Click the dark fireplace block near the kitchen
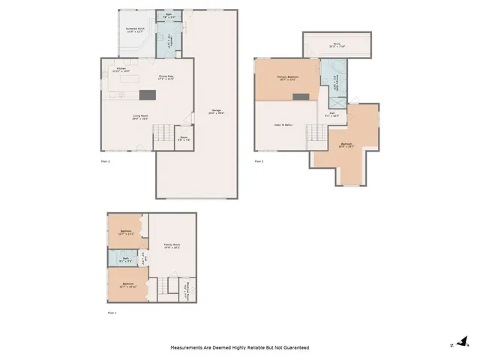tap(147, 94)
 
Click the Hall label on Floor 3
tap(331, 115)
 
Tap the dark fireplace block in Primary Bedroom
tap(301, 96)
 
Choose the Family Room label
tap(173, 245)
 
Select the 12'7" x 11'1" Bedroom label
tap(127, 232)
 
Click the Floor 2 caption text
tap(105, 161)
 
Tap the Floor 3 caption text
tap(259, 161)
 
